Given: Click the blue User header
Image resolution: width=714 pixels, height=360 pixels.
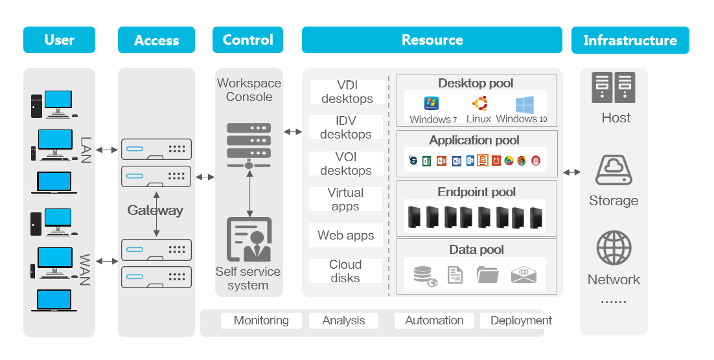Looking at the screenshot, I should tap(59, 40).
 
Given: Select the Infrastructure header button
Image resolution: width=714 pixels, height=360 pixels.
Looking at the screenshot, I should tap(630, 40).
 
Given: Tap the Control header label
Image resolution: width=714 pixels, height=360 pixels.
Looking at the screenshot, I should tap(248, 40).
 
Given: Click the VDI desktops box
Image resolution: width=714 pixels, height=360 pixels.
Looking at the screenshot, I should tap(347, 92).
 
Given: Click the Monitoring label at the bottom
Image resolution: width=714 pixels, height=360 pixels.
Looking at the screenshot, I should tap(261, 321).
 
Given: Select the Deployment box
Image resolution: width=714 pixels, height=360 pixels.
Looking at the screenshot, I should tap(520, 321).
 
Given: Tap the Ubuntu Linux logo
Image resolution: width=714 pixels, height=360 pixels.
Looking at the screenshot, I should tap(479, 104).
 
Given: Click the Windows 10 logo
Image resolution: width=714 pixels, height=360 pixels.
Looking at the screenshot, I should tap(524, 104).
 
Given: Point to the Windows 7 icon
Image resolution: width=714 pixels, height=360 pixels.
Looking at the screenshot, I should tap(432, 104).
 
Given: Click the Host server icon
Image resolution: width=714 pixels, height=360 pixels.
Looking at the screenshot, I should tap(613, 88).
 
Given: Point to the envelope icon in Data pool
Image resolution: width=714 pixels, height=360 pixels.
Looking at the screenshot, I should tap(524, 275).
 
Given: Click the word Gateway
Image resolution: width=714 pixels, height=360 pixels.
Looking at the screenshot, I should tap(155, 210).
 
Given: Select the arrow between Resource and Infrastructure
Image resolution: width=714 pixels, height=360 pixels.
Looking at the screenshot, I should tap(571, 172).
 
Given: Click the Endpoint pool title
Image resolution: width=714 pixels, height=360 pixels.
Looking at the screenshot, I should tap(476, 192).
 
